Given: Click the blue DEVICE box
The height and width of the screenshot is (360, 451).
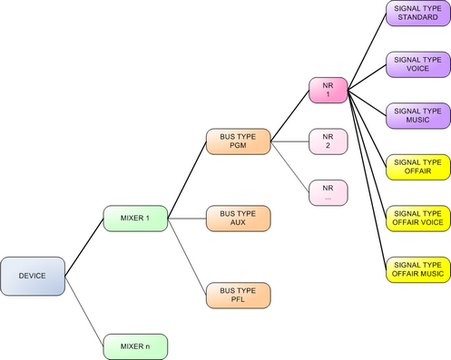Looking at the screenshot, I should coord(32,275).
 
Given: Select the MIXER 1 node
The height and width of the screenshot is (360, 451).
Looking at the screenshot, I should coord(134,219).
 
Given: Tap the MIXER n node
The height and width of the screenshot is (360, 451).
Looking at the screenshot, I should coord(134,346).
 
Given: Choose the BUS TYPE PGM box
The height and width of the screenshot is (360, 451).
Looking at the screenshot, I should coord(239,141).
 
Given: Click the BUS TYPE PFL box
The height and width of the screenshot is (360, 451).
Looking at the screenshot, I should coord(239,295).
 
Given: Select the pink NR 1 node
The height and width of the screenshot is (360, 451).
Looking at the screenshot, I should coord(328,90).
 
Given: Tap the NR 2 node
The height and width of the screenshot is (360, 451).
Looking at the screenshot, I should coord(328,141).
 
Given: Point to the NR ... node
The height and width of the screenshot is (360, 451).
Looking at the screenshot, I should coord(328,191).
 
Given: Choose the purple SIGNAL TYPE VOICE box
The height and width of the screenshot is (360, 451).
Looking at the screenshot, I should coord(417,64).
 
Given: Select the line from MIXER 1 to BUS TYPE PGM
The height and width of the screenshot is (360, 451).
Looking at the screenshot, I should coord(187,180).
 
